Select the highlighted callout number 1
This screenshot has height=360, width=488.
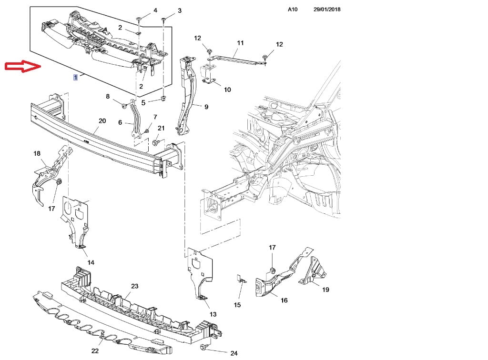pyautogui.click(x=75, y=77)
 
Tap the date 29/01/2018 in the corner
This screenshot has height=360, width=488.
pyautogui.click(x=327, y=10)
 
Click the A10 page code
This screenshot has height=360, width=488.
pyautogui.click(x=293, y=10)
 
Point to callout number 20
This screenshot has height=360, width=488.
pyautogui.click(x=102, y=121)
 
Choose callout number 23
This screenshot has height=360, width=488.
pyautogui.click(x=135, y=286)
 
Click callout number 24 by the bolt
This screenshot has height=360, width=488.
pyautogui.click(x=234, y=353)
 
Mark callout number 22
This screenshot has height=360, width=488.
pyautogui.click(x=95, y=351)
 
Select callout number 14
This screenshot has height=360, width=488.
pyautogui.click(x=91, y=262)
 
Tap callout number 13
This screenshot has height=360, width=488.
pyautogui.click(x=213, y=314)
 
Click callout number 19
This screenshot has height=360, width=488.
pyautogui.click(x=325, y=290)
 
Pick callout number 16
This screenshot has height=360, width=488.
pyautogui.click(x=284, y=300)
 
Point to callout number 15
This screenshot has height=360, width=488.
pyautogui.click(x=237, y=305)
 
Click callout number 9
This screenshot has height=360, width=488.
pyautogui.click(x=206, y=107)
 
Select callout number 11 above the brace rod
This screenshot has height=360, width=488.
pyautogui.click(x=240, y=43)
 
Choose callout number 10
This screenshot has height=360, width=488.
pyautogui.click(x=227, y=90)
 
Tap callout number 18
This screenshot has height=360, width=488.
pyautogui.click(x=37, y=153)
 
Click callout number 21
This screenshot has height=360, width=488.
pyautogui.click(x=161, y=128)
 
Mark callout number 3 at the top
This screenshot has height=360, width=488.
pyautogui.click(x=179, y=10)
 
